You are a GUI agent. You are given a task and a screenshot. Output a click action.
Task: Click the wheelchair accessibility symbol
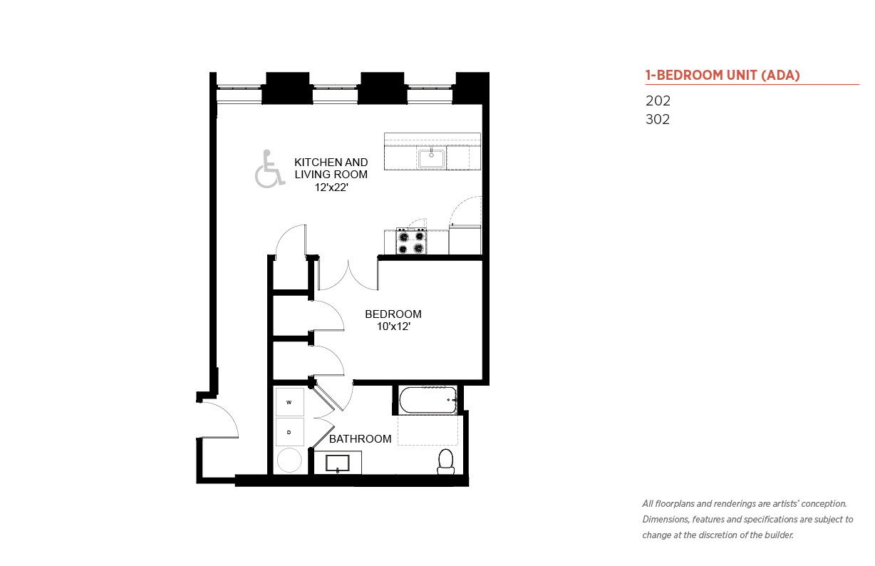point(269,168)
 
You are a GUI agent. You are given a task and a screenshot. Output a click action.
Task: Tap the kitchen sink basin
point(431,158)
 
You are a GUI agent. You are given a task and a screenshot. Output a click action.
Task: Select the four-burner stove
point(411,241)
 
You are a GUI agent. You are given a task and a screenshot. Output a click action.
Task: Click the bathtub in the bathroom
point(428,400)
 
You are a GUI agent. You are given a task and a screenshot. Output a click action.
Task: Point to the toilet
point(446,462)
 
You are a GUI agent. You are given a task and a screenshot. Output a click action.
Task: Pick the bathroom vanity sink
point(338,463)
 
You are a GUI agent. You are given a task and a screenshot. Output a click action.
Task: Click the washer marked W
point(289,402)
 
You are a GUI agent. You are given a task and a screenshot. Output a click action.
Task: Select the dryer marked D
point(289,432)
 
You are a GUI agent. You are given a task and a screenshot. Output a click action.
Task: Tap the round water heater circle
point(289,460)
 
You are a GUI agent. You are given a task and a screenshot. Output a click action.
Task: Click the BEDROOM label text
point(393,314)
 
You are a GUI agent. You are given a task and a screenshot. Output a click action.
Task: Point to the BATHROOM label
point(360,439)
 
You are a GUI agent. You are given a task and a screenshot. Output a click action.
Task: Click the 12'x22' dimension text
point(331,187)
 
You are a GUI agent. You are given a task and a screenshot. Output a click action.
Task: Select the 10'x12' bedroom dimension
point(393,326)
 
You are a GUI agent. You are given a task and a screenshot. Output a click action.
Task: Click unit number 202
point(658,101)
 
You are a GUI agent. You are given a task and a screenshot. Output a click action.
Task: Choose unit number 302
point(658,119)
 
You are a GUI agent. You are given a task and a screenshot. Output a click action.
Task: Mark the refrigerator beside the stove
point(465,240)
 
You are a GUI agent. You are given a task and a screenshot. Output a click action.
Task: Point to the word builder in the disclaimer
point(779,535)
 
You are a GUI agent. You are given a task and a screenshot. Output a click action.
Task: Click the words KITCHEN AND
point(331,163)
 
